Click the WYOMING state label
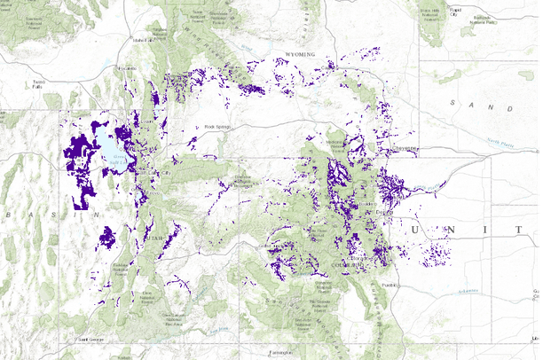pos(301,55)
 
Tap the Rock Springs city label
pos(216,127)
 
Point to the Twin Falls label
pos(36,84)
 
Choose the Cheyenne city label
pos(405,148)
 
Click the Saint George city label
pos(91,339)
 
